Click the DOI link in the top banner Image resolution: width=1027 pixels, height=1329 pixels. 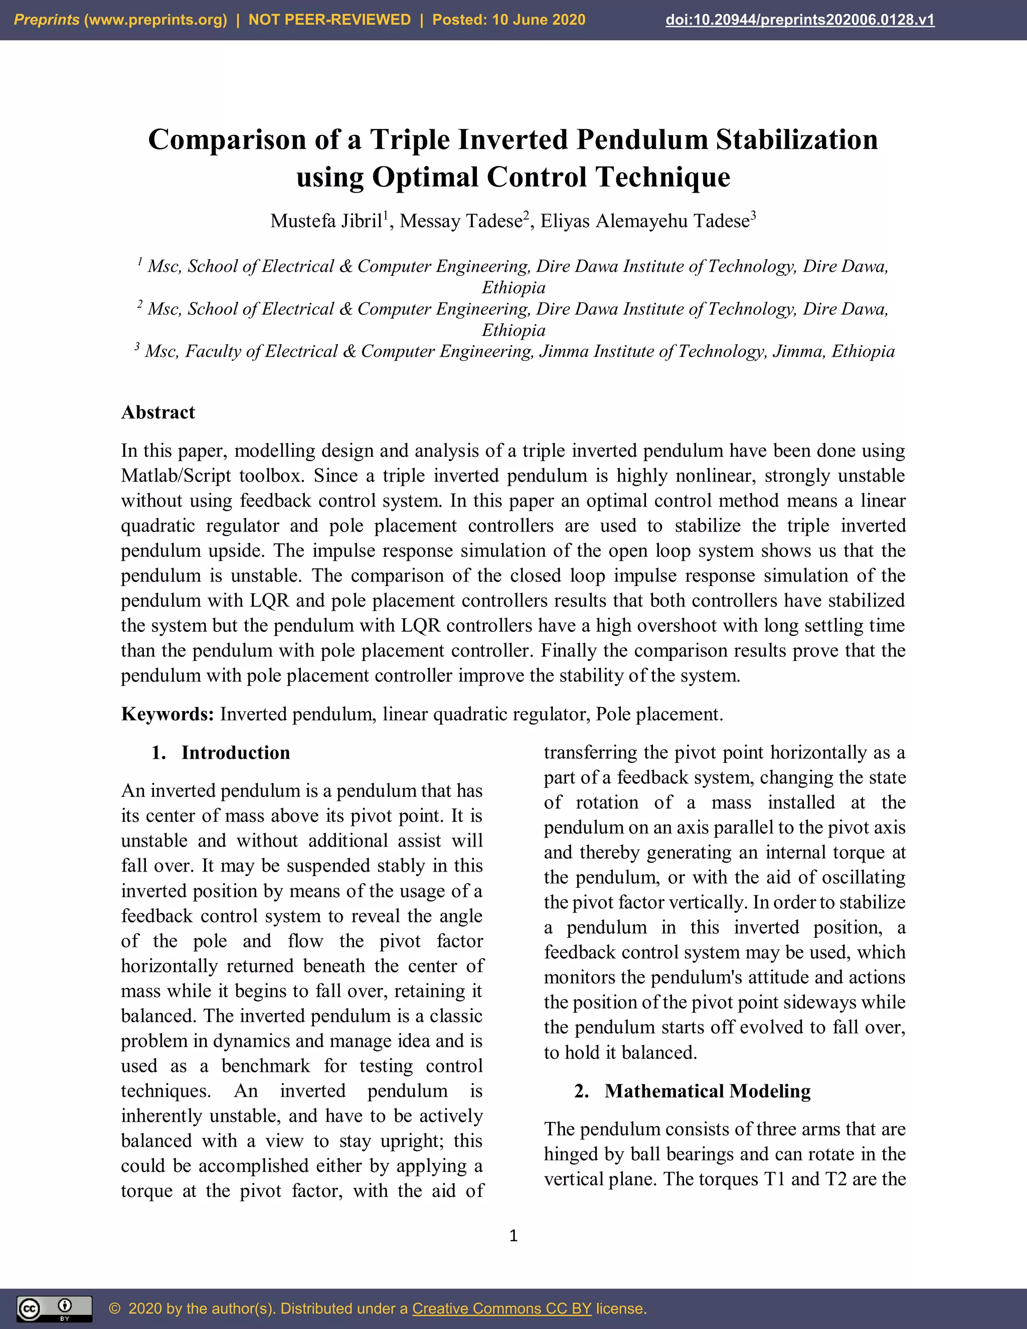pyautogui.click(x=799, y=20)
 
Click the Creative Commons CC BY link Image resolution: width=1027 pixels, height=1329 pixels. pyautogui.click(x=501, y=1308)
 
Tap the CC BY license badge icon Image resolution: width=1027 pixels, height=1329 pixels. pyautogui.click(x=54, y=1308)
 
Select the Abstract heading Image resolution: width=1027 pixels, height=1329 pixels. pyautogui.click(x=158, y=413)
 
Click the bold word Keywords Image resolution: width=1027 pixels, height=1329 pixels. pyautogui.click(x=166, y=714)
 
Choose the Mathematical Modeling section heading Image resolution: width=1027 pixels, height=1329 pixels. pyautogui.click(x=707, y=1091)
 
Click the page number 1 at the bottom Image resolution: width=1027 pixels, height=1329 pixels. pyautogui.click(x=513, y=1235)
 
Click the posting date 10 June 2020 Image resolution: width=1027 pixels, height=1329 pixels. pyautogui.click(x=538, y=20)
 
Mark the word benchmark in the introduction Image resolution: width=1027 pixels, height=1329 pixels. pyautogui.click(x=265, y=1066)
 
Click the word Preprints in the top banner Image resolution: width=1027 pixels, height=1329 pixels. pyautogui.click(x=46, y=20)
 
